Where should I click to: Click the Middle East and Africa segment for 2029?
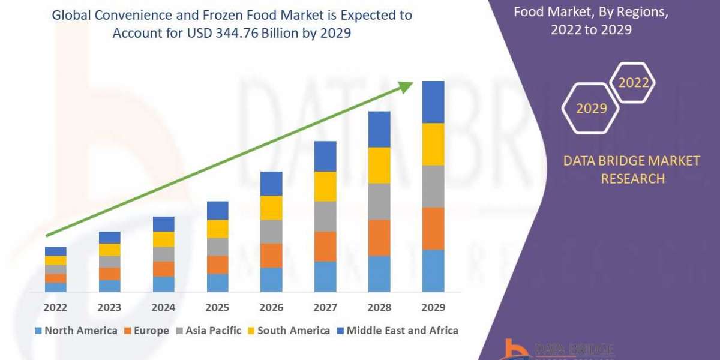point(433,102)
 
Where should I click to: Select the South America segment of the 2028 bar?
point(379,165)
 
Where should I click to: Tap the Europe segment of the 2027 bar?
point(325,246)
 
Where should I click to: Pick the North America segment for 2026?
point(271,280)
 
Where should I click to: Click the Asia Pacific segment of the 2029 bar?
point(433,186)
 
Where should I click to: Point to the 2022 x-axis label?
point(55,307)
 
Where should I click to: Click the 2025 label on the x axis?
point(217,307)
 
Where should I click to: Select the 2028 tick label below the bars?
point(379,307)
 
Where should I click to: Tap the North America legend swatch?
point(39,331)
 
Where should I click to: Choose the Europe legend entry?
point(146,331)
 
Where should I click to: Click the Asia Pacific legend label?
point(213,331)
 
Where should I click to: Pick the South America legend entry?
point(293,331)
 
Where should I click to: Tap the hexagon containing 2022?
point(634,83)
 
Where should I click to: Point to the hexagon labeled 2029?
point(590,109)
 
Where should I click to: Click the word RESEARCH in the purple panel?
point(632,178)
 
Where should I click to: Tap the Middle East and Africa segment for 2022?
point(55,251)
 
